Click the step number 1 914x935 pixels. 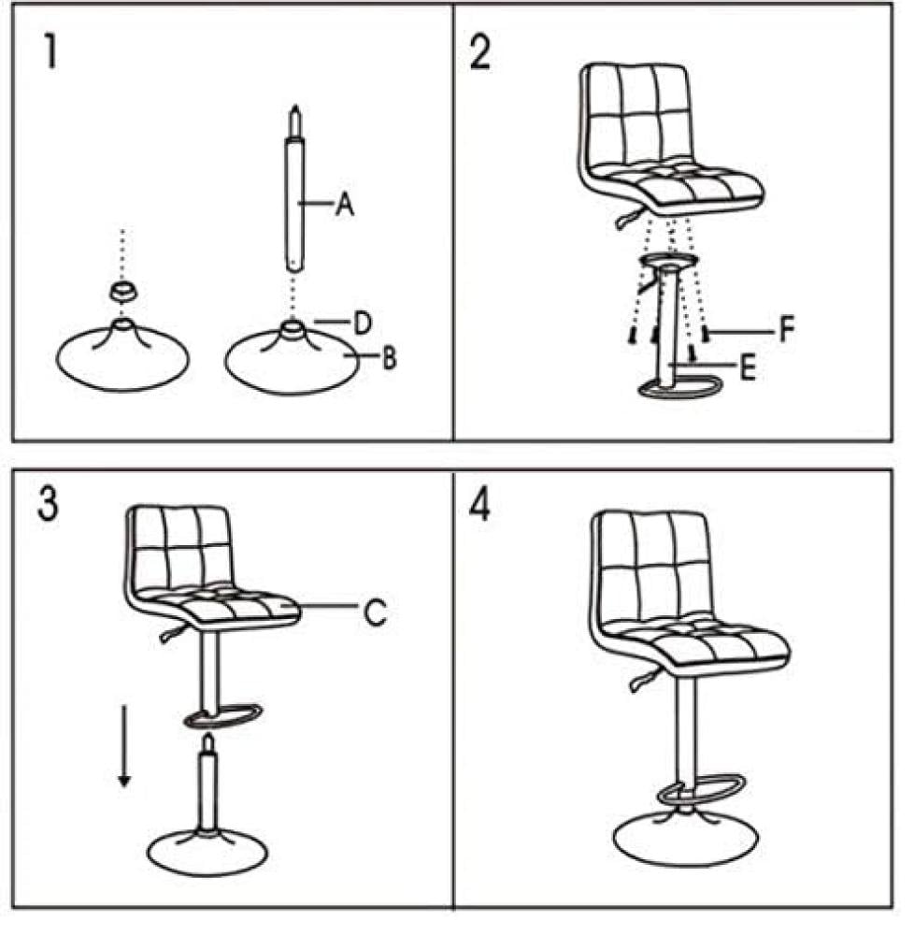(x=51, y=51)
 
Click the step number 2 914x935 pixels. (x=480, y=51)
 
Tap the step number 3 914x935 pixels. (x=49, y=503)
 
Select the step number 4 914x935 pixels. (x=479, y=506)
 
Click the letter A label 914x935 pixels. (x=345, y=204)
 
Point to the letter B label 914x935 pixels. (x=389, y=358)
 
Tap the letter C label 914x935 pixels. (x=375, y=611)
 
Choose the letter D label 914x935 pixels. (x=363, y=324)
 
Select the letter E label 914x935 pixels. (x=748, y=367)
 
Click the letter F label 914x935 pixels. (x=787, y=329)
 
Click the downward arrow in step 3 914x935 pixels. (x=124, y=745)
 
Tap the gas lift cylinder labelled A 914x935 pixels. (x=293, y=189)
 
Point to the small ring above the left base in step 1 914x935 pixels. (x=122, y=292)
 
